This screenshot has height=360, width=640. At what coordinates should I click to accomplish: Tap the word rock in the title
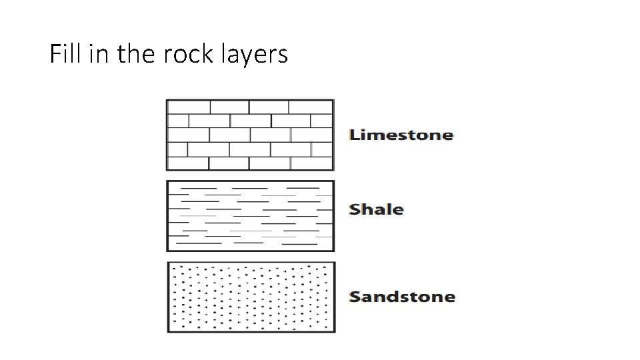click(185, 54)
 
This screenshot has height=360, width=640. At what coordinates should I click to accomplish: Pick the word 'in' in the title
click(97, 54)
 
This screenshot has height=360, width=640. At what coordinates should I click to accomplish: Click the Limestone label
click(401, 135)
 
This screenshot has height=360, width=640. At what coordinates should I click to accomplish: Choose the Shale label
click(377, 209)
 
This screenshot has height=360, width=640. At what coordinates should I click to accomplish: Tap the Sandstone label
click(402, 297)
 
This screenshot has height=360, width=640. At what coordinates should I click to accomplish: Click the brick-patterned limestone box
click(250, 135)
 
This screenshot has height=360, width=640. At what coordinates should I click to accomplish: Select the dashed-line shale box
click(250, 215)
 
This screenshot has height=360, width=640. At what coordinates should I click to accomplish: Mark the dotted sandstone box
click(251, 297)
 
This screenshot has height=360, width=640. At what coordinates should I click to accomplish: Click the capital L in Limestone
click(355, 135)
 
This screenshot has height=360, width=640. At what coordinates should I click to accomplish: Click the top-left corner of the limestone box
click(167, 100)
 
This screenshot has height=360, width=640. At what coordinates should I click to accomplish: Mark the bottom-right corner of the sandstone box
click(335, 332)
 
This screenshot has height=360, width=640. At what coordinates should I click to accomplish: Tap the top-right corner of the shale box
click(333, 181)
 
